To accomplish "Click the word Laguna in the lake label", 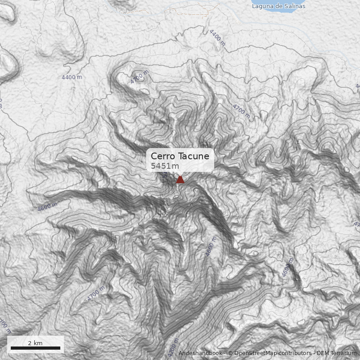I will coord(262,6).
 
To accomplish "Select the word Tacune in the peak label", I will coord(193,156).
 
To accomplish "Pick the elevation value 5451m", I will coord(165,166).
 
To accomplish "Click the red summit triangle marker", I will coord(180,180).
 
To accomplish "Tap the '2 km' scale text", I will coord(35,343).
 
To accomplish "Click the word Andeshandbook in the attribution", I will coord(200,353).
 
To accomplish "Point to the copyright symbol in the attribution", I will coord(230,353).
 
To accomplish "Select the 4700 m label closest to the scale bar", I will coord(95,294).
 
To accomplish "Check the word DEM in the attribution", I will coord(323,353).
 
